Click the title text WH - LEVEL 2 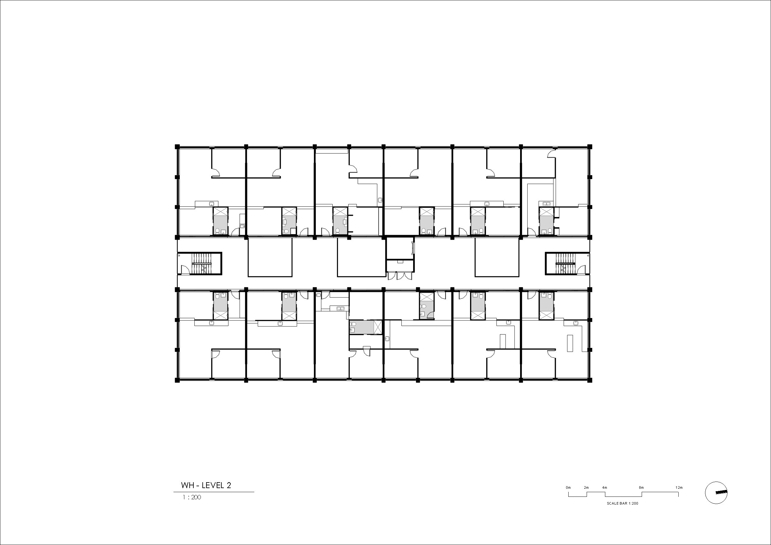[x=206, y=485]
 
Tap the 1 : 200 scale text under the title [x=192, y=497]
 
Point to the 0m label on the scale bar [x=568, y=487]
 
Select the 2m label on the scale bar [x=586, y=487]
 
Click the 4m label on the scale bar [x=604, y=487]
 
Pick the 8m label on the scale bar [x=641, y=487]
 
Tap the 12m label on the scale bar [x=679, y=487]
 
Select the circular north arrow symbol [x=716, y=493]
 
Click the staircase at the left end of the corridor [x=202, y=263]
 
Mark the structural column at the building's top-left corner [x=177, y=146]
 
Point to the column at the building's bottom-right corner [x=590, y=380]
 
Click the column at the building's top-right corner [x=590, y=146]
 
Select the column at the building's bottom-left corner [x=177, y=380]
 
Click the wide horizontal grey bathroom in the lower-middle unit [x=365, y=327]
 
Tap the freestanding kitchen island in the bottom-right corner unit [x=570, y=343]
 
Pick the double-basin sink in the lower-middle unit [x=340, y=308]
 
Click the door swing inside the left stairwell [x=184, y=269]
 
